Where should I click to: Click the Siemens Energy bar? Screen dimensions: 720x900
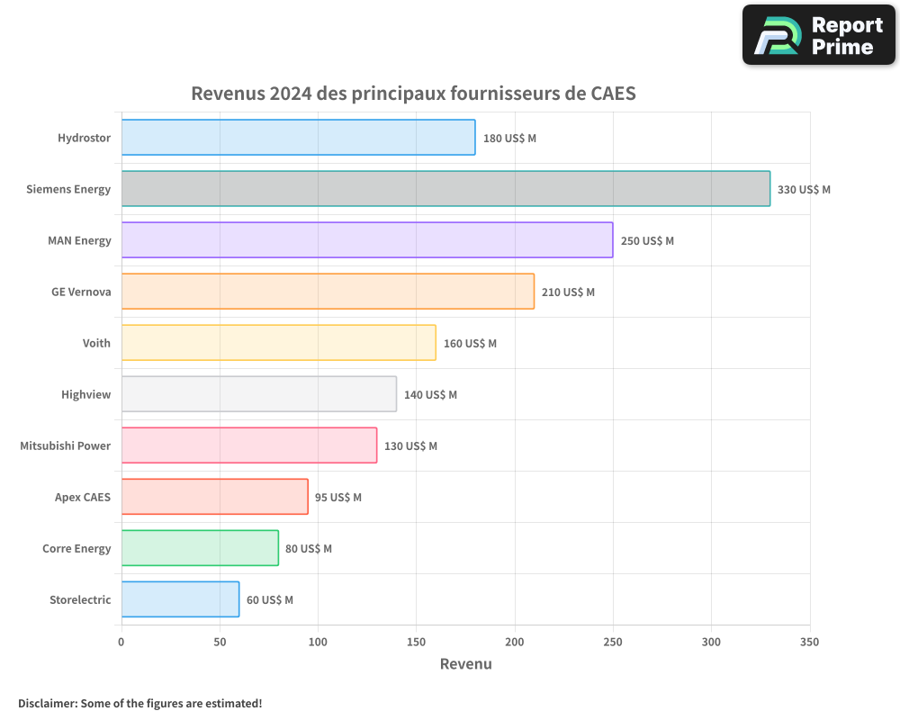pyautogui.click(x=445, y=189)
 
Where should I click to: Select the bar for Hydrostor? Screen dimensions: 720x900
pyautogui.click(x=298, y=138)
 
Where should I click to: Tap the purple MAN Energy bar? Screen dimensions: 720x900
pyautogui.click(x=367, y=240)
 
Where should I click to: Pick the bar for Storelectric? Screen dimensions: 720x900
pyautogui.click(x=180, y=599)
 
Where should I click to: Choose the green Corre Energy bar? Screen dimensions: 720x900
pyautogui.click(x=200, y=548)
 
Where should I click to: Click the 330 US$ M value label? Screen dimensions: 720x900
pyautogui.click(x=804, y=190)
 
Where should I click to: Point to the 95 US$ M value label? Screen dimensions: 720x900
pyautogui.click(x=338, y=498)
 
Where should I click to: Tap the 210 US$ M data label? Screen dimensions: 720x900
pyautogui.click(x=568, y=292)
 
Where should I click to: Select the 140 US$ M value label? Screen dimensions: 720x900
pyautogui.click(x=430, y=395)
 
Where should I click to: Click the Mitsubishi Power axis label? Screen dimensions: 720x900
pyautogui.click(x=66, y=446)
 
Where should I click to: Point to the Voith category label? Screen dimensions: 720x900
pyautogui.click(x=96, y=344)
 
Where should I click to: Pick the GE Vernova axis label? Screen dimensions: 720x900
pyautogui.click(x=81, y=292)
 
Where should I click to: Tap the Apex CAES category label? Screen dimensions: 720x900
pyautogui.click(x=83, y=498)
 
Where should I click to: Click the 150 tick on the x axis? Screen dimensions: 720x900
pyautogui.click(x=416, y=643)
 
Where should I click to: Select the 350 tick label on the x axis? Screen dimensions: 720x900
pyautogui.click(x=809, y=643)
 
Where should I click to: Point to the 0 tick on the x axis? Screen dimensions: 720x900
pyautogui.click(x=121, y=643)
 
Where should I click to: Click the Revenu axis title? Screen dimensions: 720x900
pyautogui.click(x=465, y=664)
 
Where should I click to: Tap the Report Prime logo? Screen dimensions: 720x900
pyautogui.click(x=818, y=35)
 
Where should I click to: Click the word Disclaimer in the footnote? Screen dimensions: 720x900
pyautogui.click(x=47, y=704)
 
